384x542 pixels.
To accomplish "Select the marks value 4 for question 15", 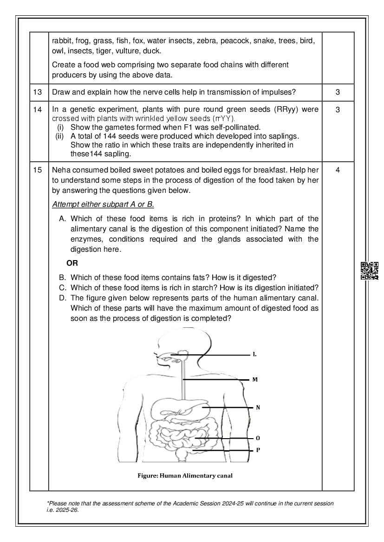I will click(x=338, y=170).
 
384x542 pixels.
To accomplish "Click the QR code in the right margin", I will click(x=370, y=271).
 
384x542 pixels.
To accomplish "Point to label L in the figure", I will click(x=254, y=355).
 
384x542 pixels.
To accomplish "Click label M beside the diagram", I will click(x=255, y=380).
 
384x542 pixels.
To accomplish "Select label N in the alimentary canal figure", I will click(x=258, y=408).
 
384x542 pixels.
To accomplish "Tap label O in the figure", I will click(x=258, y=438).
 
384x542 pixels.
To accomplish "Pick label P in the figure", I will click(x=258, y=450).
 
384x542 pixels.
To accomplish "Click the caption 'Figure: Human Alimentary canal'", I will click(x=185, y=475).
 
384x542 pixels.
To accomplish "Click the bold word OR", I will click(x=72, y=263).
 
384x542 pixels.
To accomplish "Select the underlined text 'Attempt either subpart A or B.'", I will click(x=103, y=204).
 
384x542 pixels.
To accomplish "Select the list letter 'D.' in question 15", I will click(x=63, y=298).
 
